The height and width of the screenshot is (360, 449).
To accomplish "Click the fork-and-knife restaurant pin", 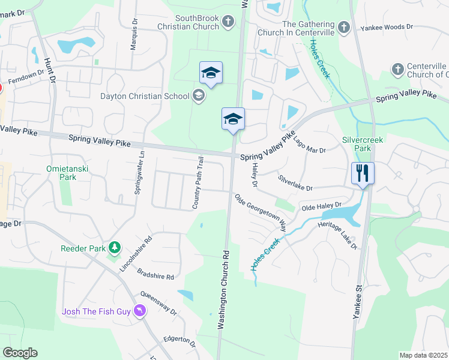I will click(x=363, y=173).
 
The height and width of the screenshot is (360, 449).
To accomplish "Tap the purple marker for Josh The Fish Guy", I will click(x=139, y=310).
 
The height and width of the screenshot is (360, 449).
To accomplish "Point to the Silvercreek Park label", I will click(x=362, y=143).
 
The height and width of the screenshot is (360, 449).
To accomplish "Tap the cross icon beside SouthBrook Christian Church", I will click(x=228, y=22).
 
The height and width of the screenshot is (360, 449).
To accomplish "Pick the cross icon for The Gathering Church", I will click(x=343, y=27).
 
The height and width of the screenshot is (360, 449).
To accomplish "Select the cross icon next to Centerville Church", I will click(x=397, y=70).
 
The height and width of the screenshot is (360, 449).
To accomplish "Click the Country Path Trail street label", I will click(x=199, y=183).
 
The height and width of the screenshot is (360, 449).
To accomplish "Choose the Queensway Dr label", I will click(x=158, y=304).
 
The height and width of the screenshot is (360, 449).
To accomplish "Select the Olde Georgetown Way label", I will click(x=260, y=211).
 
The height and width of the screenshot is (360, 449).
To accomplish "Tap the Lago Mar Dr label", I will click(x=309, y=145).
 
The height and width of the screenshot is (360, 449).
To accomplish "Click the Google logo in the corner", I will click(x=20, y=353).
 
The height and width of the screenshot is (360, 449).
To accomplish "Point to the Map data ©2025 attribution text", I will click(x=423, y=355).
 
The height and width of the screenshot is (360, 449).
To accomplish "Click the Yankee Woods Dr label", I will click(x=387, y=28).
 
